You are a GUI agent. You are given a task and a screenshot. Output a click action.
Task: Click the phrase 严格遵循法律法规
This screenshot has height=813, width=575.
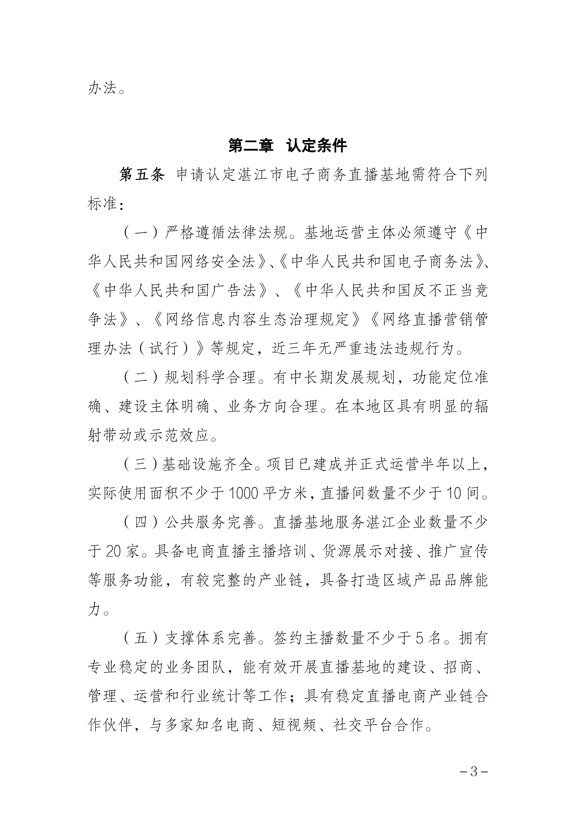click(226, 233)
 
